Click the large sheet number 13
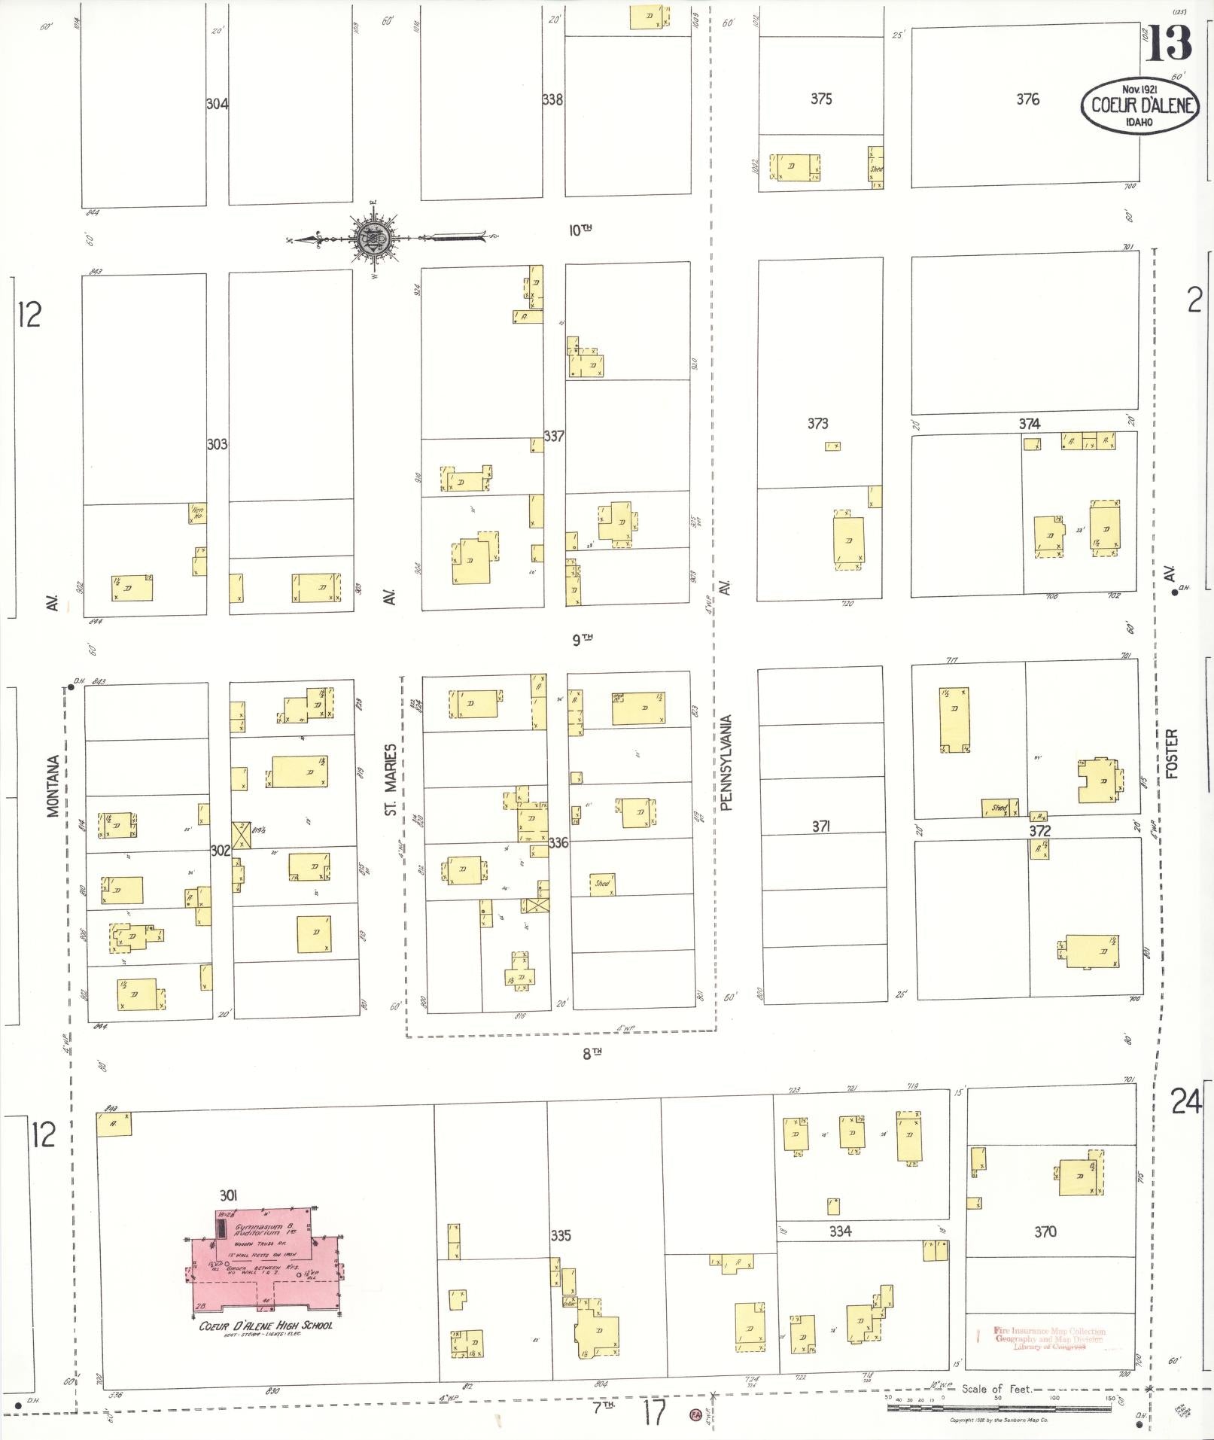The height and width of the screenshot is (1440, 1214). tap(1168, 43)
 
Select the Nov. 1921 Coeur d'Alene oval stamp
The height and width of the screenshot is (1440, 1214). tap(1139, 105)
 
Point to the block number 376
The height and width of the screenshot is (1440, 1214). tap(1027, 99)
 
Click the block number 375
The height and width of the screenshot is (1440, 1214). tap(820, 99)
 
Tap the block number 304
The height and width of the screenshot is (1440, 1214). tap(217, 104)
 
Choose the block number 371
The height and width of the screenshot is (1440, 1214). tap(820, 827)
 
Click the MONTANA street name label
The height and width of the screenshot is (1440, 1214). tap(53, 786)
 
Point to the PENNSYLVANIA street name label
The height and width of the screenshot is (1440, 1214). tap(726, 763)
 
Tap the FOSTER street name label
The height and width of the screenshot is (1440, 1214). tap(1170, 753)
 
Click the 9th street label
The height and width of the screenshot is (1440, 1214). tap(582, 640)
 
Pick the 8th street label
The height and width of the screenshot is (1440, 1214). tap(592, 1053)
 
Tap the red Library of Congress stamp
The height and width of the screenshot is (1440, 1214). tap(1049, 1338)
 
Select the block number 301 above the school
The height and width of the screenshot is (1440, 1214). tap(229, 1195)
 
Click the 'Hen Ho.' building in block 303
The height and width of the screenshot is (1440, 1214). tap(197, 513)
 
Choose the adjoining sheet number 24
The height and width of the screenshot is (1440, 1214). tap(1186, 1102)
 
